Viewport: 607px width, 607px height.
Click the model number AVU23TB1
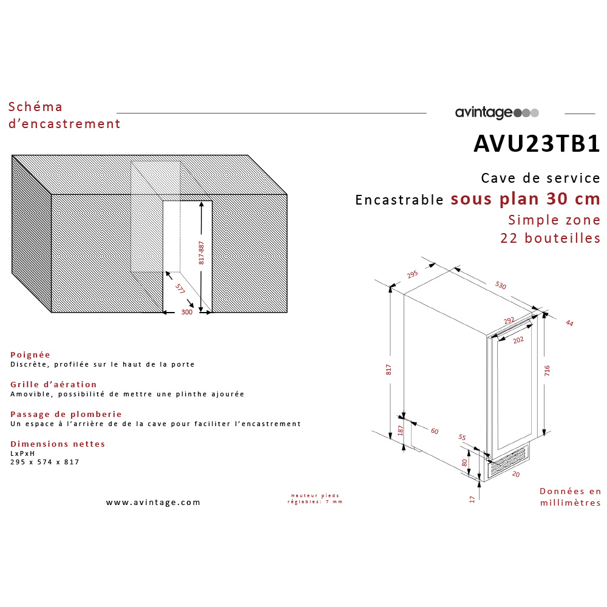pos(537,143)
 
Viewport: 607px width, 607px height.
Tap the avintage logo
pos(497,113)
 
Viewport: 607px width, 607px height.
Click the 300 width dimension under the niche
pos(187,312)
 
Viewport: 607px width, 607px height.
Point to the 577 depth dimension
pos(180,289)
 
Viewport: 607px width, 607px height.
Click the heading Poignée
pos(30,354)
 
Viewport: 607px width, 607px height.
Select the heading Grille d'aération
pos(53,384)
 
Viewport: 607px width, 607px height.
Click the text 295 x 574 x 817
pos(45,462)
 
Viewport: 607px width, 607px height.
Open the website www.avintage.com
pos(153,503)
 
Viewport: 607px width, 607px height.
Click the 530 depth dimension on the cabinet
pos(500,285)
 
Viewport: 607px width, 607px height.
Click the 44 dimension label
pos(569,323)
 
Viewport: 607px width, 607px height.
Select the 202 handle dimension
pos(518,340)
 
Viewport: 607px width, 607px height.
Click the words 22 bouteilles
pos(550,238)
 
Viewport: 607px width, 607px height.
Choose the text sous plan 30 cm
pos(525,199)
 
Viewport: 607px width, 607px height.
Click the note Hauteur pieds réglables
pos(314,499)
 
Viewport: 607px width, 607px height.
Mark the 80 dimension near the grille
pos(464,462)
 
